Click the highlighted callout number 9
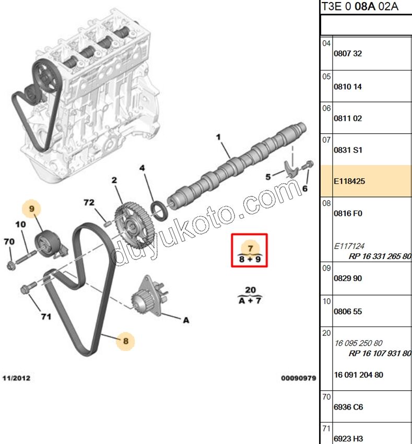pos(32,209)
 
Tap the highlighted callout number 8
pos(126,341)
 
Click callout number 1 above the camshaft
pos(218,137)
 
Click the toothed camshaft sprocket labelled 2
pos(132,225)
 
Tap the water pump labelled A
pos(149,296)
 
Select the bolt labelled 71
pos(28,287)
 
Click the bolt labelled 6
pos(308,165)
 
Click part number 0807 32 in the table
pos(348,53)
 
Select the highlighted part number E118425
pos(349,181)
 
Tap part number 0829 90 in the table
pos(348,278)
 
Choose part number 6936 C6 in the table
pos(348,407)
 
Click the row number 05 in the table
pos(326,77)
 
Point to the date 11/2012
pos(16,378)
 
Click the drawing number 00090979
pos(299,378)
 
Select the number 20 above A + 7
pos(250,290)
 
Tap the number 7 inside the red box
pos(250,248)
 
